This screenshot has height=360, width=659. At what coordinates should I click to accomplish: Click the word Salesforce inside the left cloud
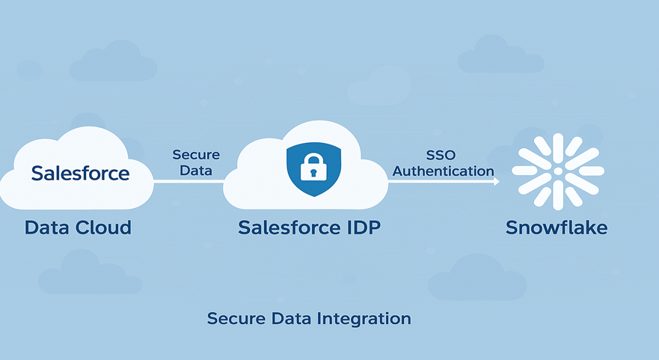(x=80, y=174)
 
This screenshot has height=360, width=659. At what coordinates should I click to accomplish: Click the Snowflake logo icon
(x=558, y=171)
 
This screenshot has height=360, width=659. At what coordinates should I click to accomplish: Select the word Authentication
(x=444, y=171)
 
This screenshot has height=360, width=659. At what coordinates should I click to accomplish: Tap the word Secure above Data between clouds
(x=196, y=155)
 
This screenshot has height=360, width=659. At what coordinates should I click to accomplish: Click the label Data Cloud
(x=78, y=228)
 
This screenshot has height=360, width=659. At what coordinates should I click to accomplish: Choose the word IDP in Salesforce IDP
(x=359, y=228)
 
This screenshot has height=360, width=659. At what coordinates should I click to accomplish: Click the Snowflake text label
(x=557, y=228)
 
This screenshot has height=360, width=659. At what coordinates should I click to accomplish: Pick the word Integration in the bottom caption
(x=364, y=319)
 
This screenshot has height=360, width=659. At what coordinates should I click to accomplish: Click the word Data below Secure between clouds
(x=196, y=171)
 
